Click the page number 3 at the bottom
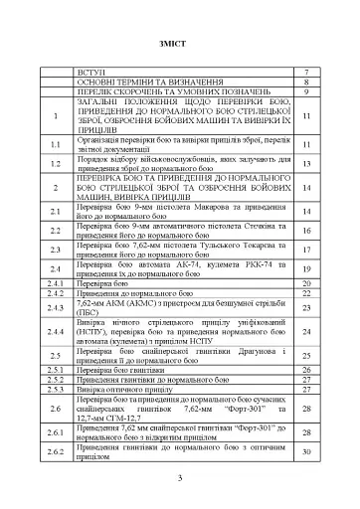click(x=180, y=481)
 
